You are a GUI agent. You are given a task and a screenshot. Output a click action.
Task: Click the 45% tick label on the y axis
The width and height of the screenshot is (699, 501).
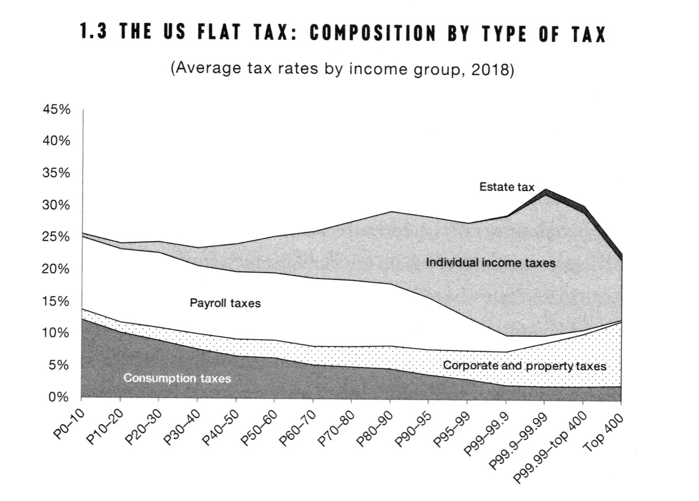57,110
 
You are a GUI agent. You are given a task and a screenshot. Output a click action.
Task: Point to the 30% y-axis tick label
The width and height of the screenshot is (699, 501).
57,206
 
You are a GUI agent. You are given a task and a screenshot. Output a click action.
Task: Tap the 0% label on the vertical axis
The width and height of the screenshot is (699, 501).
59,397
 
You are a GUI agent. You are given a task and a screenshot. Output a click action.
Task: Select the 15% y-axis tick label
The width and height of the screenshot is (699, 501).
57,302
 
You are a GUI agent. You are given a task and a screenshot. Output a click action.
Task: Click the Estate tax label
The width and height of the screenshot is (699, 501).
506,187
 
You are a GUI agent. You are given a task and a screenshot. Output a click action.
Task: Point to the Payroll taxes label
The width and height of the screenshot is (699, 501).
225,303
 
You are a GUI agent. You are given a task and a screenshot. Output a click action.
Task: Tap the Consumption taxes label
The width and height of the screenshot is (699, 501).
177,378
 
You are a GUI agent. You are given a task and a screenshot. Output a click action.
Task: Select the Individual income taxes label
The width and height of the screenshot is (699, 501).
491,263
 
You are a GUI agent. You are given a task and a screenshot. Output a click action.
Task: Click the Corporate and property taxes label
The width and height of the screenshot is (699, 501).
524,366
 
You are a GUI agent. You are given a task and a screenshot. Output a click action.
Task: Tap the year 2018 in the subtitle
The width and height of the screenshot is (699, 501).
490,69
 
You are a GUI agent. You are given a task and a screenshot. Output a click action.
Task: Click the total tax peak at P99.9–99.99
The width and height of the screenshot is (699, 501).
545,189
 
